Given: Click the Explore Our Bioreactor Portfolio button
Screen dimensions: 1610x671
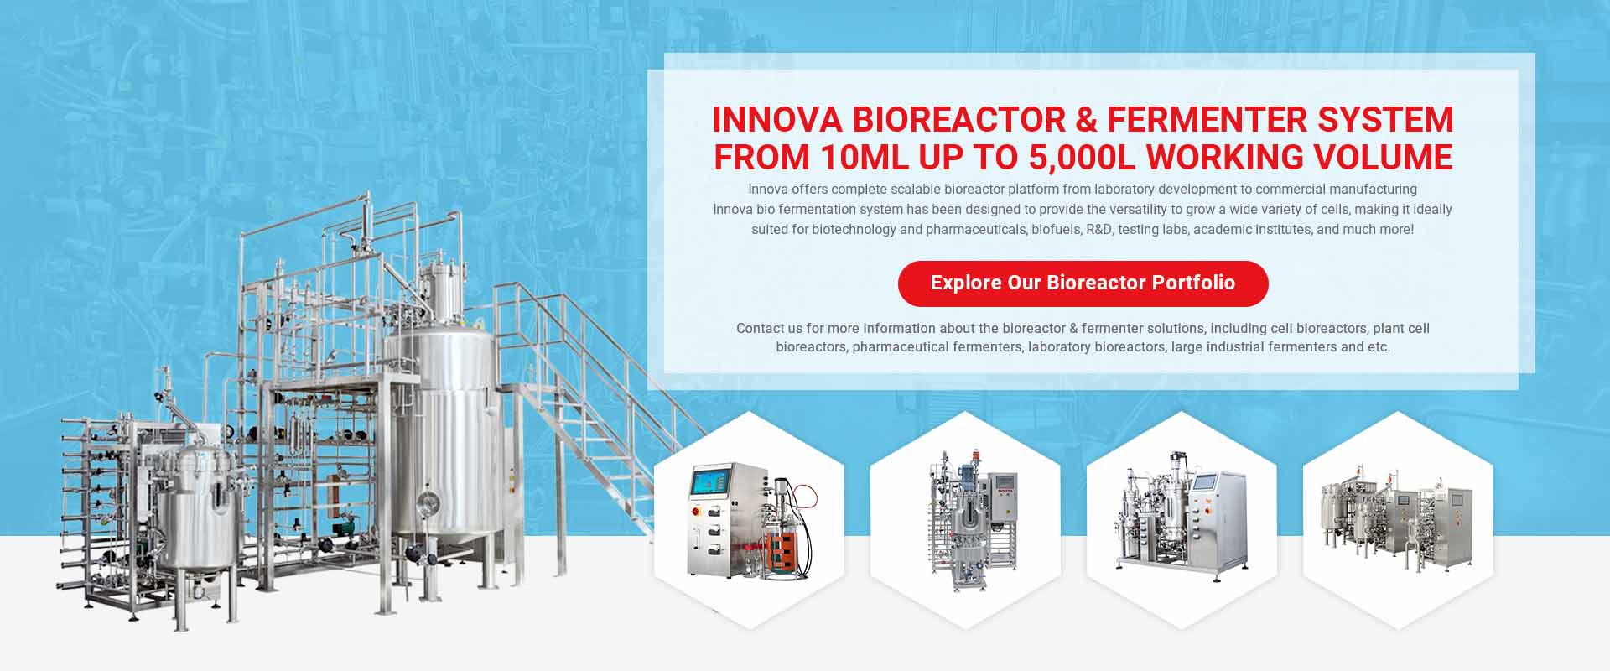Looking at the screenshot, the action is [x=1083, y=283].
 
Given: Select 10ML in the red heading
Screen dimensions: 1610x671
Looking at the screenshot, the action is [x=865, y=158].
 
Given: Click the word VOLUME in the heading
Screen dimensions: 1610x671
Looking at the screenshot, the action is [x=1382, y=158].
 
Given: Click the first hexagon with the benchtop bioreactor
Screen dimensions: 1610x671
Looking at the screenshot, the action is [x=749, y=520].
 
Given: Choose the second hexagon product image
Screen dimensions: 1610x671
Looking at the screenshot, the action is [x=965, y=520].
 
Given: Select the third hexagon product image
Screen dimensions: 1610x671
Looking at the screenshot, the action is [x=1182, y=520].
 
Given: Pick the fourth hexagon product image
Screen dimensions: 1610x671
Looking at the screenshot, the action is [x=1398, y=520].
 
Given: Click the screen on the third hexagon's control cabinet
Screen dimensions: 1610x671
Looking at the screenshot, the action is [x=1205, y=482].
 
